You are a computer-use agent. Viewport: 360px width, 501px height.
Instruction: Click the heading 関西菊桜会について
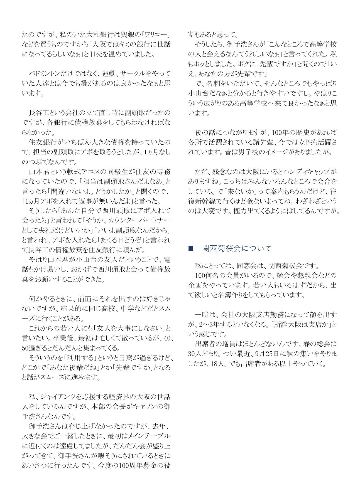point(237,248)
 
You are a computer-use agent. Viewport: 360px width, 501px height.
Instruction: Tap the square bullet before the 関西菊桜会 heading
point(191,249)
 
